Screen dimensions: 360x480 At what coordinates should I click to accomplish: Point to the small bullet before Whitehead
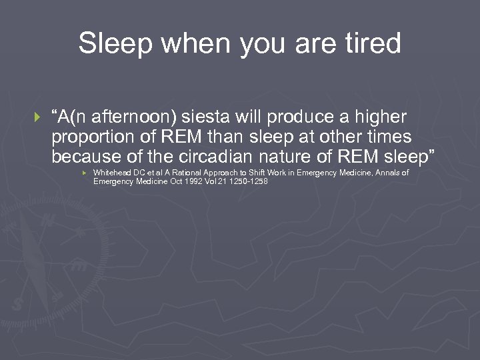(84, 173)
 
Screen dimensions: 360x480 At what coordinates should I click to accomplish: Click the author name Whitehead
(112, 173)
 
